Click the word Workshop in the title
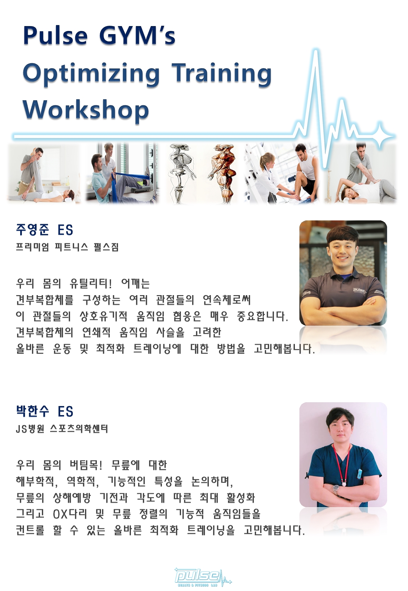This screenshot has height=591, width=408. (x=86, y=110)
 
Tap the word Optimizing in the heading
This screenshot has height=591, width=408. (x=91, y=74)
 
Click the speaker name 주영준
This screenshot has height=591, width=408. (x=32, y=229)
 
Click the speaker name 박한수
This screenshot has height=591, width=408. (x=32, y=411)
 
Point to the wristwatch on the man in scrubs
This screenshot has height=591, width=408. (x=336, y=490)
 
